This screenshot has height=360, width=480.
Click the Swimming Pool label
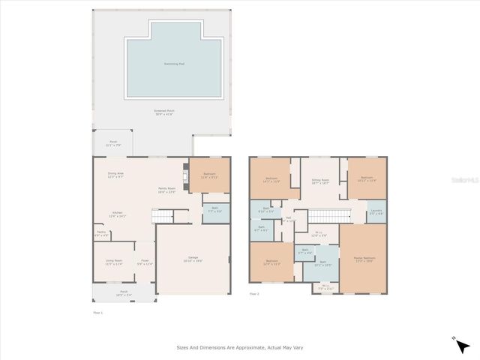coord(174,64)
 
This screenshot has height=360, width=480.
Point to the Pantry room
coord(102,234)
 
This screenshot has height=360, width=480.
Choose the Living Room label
coord(113,262)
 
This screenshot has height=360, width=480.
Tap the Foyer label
coord(145,262)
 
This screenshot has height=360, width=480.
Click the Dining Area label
coord(115,175)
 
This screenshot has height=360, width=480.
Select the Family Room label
coord(166,190)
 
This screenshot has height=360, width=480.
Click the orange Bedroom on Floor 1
coord(209,175)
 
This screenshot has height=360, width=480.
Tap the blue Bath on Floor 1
coord(215,211)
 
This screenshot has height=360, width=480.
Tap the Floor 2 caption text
coord(254,294)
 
